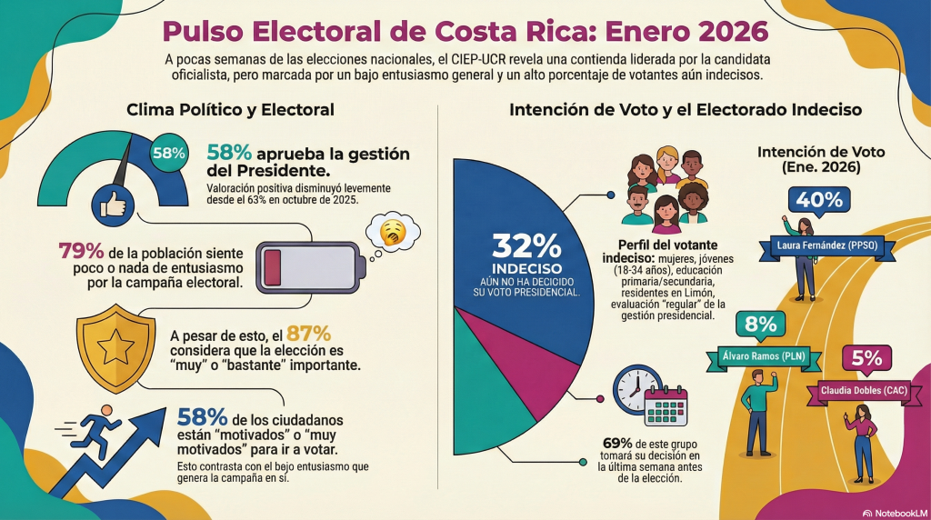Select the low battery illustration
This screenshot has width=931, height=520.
pos(309,263)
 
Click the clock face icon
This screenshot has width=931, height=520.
pos(632,388)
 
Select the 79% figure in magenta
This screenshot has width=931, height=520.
pos(79,250)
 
